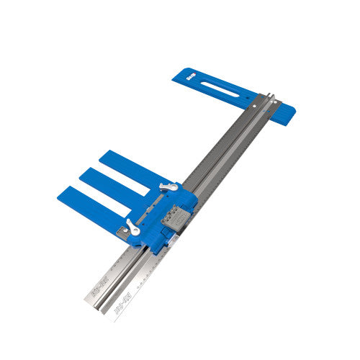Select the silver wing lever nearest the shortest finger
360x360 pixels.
(167, 188)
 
